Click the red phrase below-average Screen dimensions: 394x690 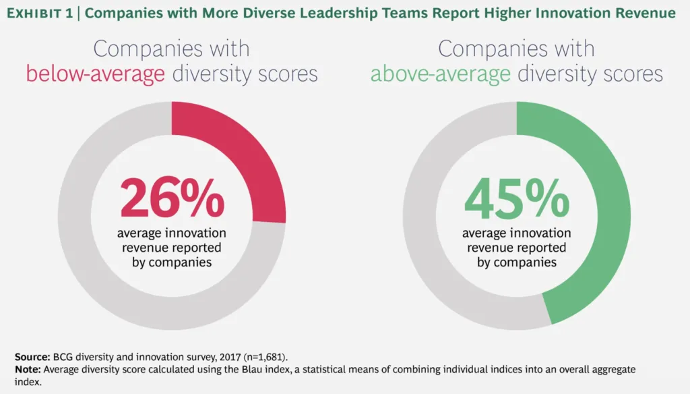click(x=95, y=74)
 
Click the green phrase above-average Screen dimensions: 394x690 click(x=440, y=74)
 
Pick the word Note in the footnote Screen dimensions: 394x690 click(x=27, y=370)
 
